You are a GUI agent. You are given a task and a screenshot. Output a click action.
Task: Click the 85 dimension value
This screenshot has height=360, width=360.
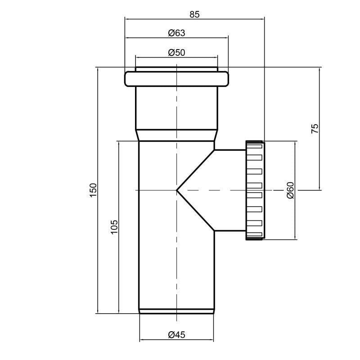pyautogui.click(x=194, y=14)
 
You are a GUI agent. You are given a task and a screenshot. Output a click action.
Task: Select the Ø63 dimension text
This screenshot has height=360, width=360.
pyautogui.click(x=176, y=33)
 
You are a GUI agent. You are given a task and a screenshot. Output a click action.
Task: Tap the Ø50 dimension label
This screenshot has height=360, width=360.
pyautogui.click(x=176, y=53)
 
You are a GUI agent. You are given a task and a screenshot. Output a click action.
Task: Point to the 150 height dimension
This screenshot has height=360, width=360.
pyautogui.click(x=94, y=190)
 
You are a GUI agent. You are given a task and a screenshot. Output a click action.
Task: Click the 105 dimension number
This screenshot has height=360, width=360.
pyautogui.click(x=114, y=227)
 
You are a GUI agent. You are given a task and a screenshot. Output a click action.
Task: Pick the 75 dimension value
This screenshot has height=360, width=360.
pyautogui.click(x=315, y=129)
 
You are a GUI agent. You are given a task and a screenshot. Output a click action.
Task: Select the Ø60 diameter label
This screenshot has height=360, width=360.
pyautogui.click(x=290, y=190)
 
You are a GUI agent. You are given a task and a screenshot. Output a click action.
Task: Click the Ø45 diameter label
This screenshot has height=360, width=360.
pyautogui.click(x=176, y=335)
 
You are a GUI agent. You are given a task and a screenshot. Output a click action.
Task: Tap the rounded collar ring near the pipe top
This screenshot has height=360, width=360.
pyautogui.click(x=176, y=79)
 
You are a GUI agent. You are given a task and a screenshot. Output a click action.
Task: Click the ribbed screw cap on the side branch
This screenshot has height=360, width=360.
pyautogui.click(x=255, y=190)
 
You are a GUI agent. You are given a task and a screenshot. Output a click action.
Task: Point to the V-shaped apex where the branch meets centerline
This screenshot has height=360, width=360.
pyautogui.click(x=177, y=190)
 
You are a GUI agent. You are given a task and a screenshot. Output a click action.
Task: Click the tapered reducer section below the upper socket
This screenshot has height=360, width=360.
pyautogui.click(x=176, y=135)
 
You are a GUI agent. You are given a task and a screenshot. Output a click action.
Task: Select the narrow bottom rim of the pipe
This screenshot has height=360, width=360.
pyautogui.click(x=176, y=311)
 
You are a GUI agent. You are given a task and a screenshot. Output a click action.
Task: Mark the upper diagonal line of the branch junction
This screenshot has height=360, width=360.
pyautogui.click(x=196, y=170)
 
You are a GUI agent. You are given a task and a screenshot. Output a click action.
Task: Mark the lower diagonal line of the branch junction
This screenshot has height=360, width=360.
pyautogui.click(x=196, y=211)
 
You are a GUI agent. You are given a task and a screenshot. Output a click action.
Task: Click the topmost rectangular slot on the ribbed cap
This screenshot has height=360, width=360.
pyautogui.click(x=255, y=146)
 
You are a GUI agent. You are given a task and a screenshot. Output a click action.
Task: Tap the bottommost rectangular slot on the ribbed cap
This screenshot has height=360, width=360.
pyautogui.click(x=255, y=234)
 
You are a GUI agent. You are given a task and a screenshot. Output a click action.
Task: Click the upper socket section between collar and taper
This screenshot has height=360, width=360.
pyautogui.click(x=176, y=108)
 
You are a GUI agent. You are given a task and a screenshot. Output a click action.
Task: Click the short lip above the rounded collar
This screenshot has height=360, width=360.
pyautogui.click(x=176, y=69)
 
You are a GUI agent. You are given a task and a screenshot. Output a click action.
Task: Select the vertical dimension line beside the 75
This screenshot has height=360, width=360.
pyautogui.click(x=319, y=129)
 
